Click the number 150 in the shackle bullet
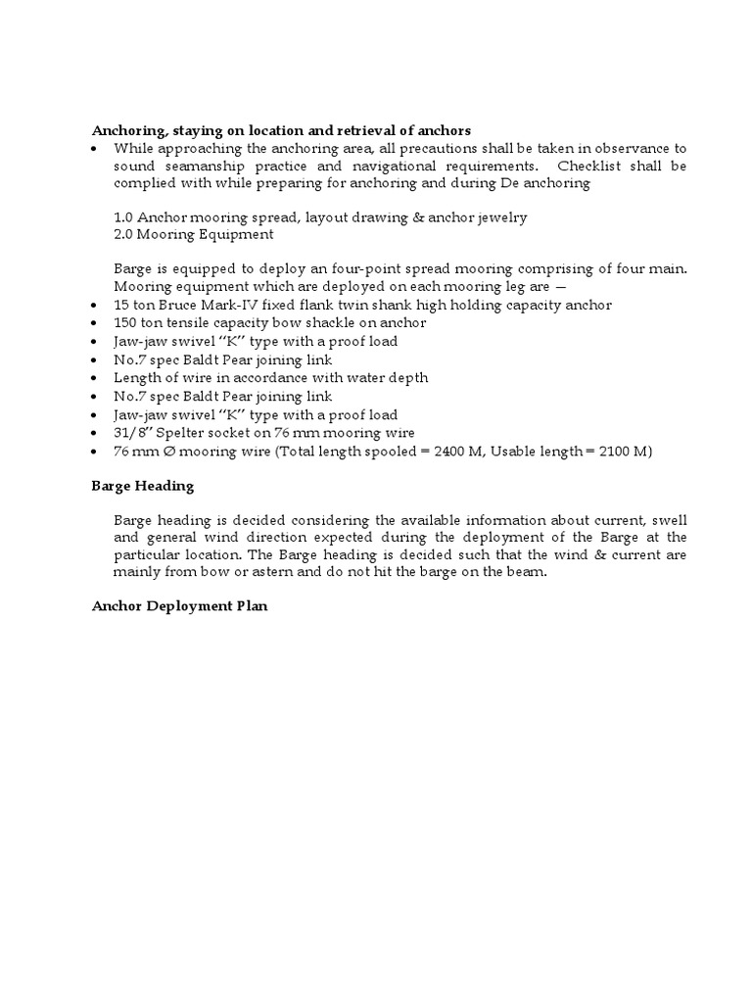click(x=126, y=322)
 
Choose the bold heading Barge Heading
click(x=143, y=486)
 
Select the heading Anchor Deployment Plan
click(x=179, y=606)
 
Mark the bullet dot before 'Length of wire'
click(x=93, y=378)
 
